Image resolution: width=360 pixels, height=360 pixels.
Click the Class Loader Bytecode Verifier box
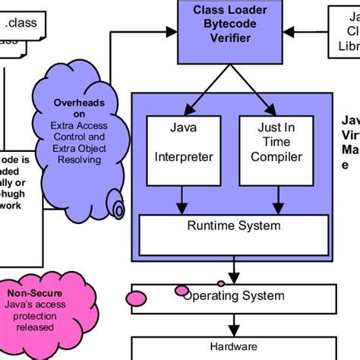pos(223,31)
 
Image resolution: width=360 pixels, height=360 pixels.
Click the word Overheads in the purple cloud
pos(79,103)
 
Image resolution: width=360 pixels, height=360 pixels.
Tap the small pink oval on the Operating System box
pos(182,291)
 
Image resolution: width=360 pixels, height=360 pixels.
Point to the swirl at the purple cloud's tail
pos(118,206)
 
